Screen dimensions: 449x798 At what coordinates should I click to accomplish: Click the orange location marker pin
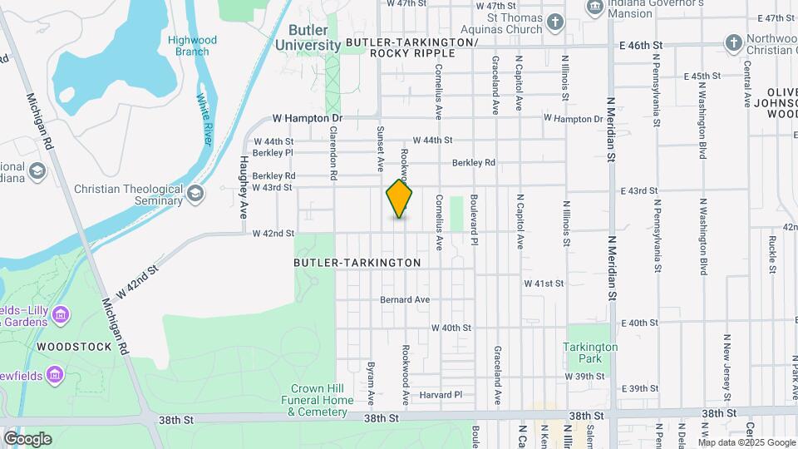399,199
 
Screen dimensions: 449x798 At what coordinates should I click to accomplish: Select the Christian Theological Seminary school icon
195,195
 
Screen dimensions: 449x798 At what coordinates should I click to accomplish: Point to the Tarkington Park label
590,353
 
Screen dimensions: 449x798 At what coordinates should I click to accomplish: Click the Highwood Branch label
192,46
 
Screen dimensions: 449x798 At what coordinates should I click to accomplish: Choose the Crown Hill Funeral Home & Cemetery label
322,400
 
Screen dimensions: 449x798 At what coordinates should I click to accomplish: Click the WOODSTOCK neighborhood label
73,346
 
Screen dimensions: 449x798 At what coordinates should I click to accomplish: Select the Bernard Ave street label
405,299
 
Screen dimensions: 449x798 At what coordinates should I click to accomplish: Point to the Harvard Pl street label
441,394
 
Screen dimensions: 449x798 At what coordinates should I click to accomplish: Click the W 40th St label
451,328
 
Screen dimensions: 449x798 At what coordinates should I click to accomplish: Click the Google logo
27,438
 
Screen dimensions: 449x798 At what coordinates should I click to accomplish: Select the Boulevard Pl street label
474,220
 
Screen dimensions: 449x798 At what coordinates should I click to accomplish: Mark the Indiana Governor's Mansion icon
595,7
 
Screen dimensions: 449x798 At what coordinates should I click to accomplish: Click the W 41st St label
544,284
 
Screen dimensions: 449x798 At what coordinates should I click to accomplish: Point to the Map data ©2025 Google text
746,442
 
